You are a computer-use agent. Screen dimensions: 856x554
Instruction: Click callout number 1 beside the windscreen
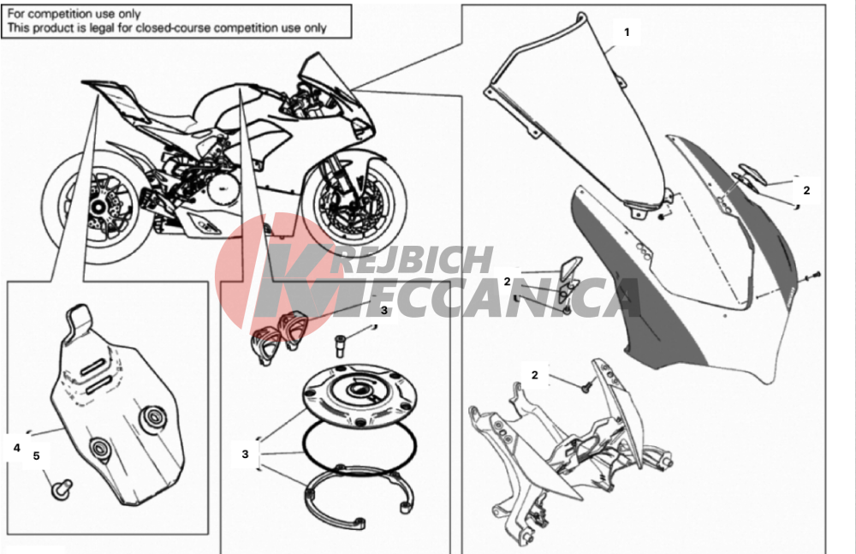627,33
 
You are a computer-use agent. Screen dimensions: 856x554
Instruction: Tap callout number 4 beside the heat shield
17,448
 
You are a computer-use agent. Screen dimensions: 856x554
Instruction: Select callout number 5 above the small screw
37,456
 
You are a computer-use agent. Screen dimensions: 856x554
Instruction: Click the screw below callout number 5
62,488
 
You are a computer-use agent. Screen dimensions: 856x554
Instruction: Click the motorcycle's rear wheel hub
98,206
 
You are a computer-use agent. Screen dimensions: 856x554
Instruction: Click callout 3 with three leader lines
245,454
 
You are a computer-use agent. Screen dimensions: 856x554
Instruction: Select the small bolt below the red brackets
341,345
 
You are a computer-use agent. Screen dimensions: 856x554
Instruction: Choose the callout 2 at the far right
806,191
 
